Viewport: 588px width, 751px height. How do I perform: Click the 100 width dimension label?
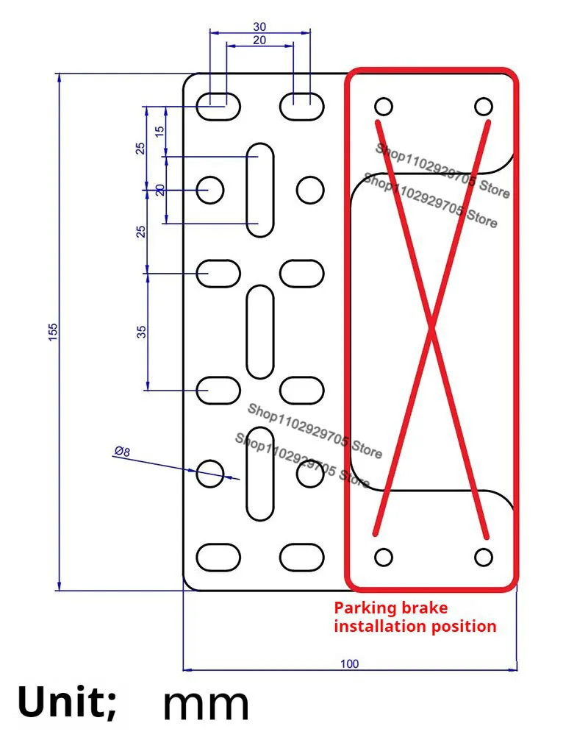350,663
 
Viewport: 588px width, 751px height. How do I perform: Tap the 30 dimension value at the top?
260,26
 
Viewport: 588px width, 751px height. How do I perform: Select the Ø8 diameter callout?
121,452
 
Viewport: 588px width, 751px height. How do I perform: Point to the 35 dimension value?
141,331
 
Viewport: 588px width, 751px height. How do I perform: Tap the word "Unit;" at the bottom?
66,703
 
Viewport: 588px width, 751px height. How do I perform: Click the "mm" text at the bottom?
206,704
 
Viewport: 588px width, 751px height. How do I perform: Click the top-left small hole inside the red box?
384,106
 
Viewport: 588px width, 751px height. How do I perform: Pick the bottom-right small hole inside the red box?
483,557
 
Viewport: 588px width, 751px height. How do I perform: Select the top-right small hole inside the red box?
483,106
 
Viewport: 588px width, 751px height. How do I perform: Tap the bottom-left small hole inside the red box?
384,557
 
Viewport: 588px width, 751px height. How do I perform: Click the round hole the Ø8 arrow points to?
211,471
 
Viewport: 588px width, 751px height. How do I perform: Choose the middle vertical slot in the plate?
259,332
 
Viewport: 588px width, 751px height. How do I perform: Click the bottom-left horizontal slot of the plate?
218,556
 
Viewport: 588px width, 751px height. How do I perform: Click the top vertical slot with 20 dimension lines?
259,191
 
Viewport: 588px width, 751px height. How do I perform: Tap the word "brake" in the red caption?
423,608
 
